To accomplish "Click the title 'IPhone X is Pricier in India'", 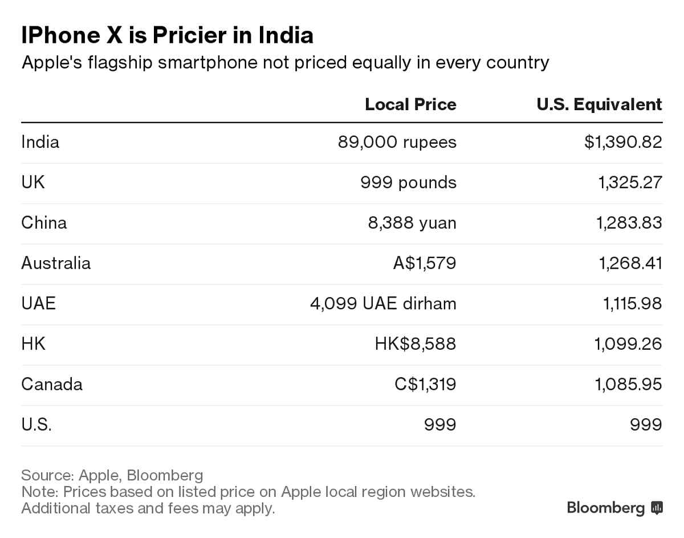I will point(167,35).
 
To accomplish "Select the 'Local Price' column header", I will point(410,104).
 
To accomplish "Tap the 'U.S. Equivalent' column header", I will point(599,104).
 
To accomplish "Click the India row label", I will point(40,141).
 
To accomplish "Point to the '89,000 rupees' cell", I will point(397,141).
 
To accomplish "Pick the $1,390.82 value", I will point(623,141).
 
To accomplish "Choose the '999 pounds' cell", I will point(408,182).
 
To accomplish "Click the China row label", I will point(44,223).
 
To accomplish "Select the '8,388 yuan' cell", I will point(412,223).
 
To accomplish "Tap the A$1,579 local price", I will point(425,263).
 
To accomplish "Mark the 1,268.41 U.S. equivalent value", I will point(629,263).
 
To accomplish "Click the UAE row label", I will point(38,303).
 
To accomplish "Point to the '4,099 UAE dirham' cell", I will point(383,303).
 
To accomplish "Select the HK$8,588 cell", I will point(415,343).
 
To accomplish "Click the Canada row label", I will point(52,384).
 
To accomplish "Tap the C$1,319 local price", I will point(425,384).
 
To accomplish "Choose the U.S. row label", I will point(36,424).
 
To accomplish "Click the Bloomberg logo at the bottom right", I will point(614,507).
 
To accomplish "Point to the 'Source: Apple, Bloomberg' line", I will point(112,475).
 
